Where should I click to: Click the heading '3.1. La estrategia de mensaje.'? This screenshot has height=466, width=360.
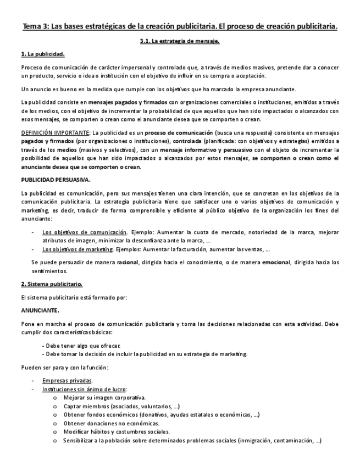(x=180, y=41)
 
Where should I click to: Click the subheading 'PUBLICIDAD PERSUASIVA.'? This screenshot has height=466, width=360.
(x=56, y=180)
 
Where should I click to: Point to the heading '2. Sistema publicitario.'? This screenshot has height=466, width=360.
(x=51, y=284)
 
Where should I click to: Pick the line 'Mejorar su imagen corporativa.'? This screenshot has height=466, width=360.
(x=104, y=397)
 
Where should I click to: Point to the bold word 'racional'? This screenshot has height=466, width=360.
(x=128, y=262)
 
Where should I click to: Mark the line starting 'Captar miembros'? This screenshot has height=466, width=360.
(x=121, y=406)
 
